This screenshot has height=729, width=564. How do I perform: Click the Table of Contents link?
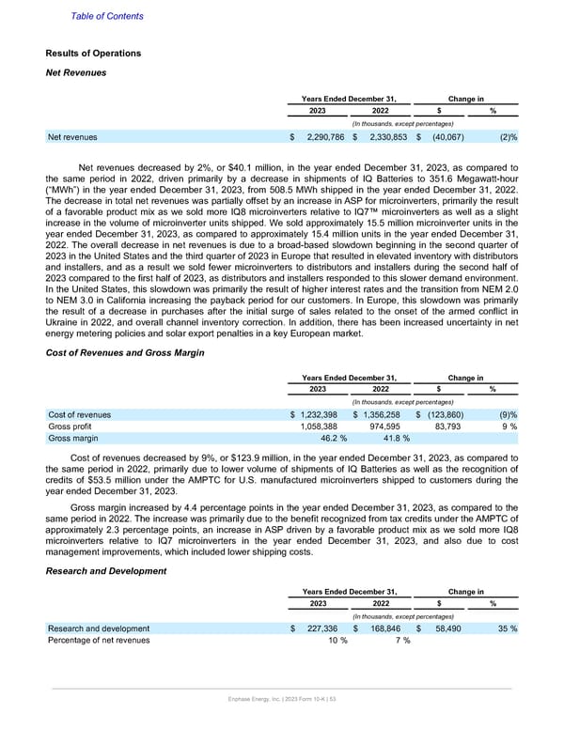pyautogui.click(x=107, y=16)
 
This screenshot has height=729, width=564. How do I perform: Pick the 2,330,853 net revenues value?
pyautogui.click(x=385, y=137)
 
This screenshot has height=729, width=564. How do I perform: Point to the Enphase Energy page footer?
pyautogui.click(x=281, y=702)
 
